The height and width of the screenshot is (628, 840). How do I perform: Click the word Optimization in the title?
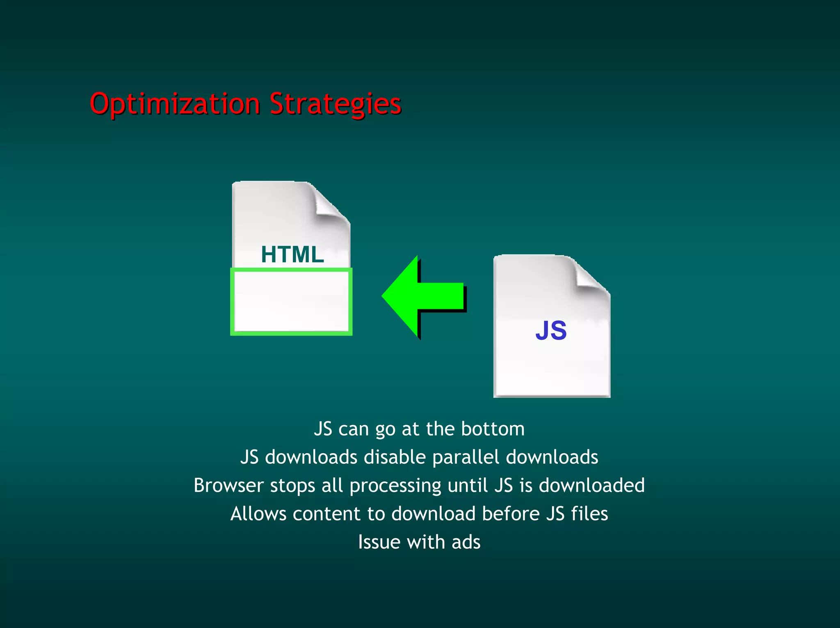point(175,104)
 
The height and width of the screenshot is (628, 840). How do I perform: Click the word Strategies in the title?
point(335,104)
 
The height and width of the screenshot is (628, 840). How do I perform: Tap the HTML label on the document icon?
point(292,254)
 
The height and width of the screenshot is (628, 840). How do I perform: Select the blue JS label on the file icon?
point(551,331)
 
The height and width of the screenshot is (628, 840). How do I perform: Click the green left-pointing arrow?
point(422,297)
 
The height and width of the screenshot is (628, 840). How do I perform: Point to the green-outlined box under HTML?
point(291,302)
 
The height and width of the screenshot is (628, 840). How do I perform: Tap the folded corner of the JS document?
point(590,275)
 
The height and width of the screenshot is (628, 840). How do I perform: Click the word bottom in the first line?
point(493,429)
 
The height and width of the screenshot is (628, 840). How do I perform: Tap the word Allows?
point(258,514)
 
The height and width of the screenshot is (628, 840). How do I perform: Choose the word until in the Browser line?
point(468,485)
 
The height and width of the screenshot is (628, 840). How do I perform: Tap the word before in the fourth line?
point(511,514)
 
